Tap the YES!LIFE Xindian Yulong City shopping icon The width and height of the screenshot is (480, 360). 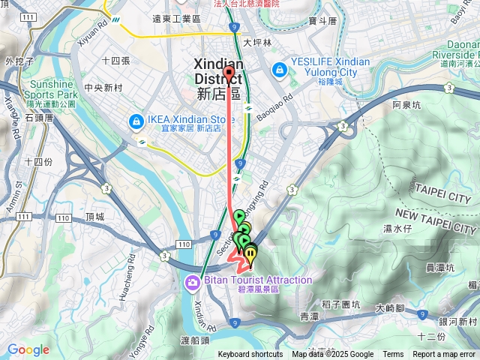279,69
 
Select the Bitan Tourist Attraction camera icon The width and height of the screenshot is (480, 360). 193,282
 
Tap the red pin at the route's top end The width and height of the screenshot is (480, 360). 229,73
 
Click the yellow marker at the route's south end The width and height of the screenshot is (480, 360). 250,255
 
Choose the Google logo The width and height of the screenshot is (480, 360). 28,349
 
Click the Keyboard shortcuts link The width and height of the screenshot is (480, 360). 250,355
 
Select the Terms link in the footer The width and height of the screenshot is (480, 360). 393,355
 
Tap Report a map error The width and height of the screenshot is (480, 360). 445,355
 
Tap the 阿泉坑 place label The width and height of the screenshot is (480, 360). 408,106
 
